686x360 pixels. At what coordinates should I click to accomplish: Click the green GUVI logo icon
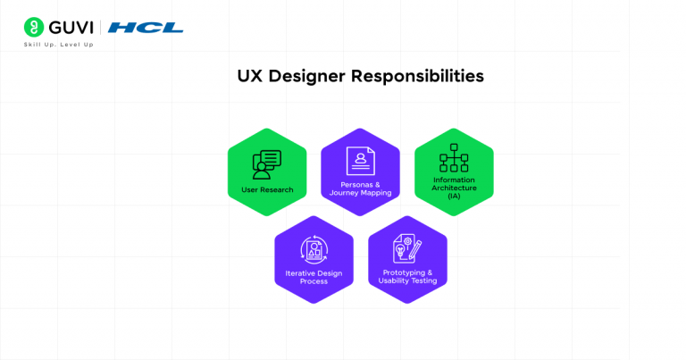[34, 27]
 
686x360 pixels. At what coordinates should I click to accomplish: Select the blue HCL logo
[146, 28]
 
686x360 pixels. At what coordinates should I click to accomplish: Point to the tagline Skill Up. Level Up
[58, 44]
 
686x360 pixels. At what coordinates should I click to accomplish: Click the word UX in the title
[250, 77]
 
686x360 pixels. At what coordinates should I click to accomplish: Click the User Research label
[267, 189]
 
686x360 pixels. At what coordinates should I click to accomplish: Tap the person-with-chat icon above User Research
[267, 163]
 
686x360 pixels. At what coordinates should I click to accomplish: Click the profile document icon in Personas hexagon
[360, 160]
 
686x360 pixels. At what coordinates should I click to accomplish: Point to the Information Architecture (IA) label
[454, 188]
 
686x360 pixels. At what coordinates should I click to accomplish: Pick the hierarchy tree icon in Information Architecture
[454, 157]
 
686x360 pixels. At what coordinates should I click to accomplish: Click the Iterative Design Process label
[314, 277]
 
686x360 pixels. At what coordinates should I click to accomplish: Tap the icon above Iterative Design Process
[314, 248]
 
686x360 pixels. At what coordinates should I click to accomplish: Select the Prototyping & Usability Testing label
[407, 277]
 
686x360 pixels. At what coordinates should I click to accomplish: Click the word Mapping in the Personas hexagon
[375, 193]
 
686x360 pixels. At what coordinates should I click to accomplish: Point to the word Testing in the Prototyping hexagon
[422, 281]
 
